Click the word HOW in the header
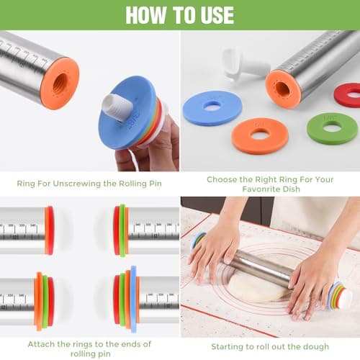tap(146, 15)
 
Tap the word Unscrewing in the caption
tap(77, 184)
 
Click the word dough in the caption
tap(316, 347)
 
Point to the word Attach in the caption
tap(41, 344)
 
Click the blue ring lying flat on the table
tap(212, 108)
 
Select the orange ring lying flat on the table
tap(260, 135)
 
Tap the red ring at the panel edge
tap(347, 95)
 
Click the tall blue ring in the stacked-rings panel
tap(133, 299)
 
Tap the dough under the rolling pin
tap(258, 287)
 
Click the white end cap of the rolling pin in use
tap(345, 298)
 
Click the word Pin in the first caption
tap(156, 184)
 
